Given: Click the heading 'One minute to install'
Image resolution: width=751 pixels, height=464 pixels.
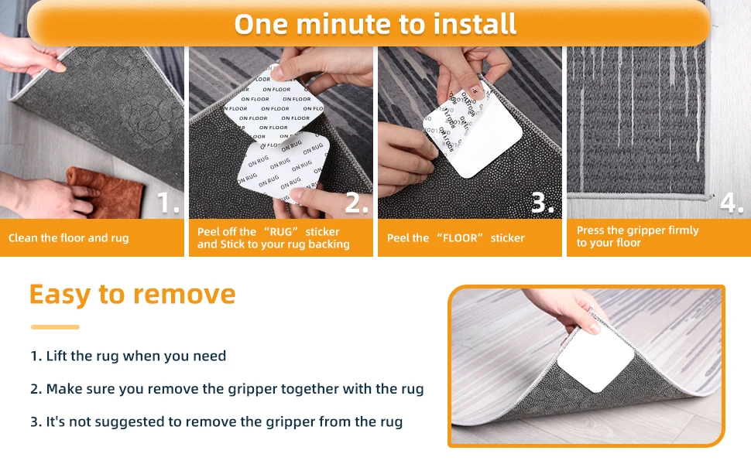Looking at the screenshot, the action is [x=375, y=24].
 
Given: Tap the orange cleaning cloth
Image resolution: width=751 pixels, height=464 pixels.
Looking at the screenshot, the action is [x=106, y=191].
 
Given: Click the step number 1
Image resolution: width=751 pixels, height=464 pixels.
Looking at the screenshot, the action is [x=168, y=203].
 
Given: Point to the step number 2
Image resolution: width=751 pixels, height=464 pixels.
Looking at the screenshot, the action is [x=357, y=203].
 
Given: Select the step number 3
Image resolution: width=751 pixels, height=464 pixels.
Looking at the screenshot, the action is [x=543, y=203].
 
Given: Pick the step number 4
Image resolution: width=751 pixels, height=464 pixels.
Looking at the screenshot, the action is [x=732, y=203].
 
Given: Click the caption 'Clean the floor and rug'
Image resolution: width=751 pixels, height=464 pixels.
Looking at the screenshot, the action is [x=68, y=237].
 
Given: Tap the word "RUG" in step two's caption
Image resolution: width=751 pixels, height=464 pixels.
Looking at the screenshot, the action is [x=281, y=231].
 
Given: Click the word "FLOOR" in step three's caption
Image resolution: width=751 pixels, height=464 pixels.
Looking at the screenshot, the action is [x=460, y=237].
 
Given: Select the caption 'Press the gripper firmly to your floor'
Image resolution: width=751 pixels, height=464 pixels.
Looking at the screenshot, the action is [x=637, y=237].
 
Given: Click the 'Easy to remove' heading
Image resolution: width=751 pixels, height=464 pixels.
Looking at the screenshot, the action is [x=132, y=294].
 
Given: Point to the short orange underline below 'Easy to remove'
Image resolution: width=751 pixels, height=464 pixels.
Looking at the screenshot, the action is [x=55, y=327].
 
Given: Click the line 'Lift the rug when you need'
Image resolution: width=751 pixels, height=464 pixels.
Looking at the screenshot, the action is [x=128, y=356].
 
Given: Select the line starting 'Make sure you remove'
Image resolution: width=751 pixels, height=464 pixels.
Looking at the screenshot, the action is [x=227, y=389].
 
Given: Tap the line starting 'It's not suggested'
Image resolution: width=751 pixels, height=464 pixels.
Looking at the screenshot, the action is [x=216, y=422].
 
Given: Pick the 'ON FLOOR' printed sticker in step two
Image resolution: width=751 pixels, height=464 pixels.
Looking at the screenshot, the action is [x=274, y=106].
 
